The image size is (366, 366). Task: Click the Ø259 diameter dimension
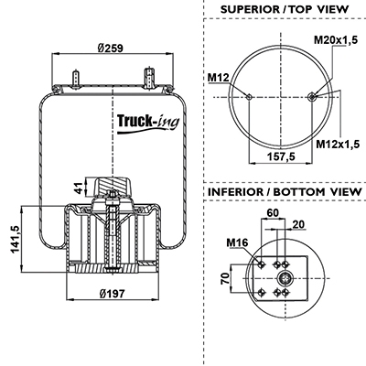coord(110,48)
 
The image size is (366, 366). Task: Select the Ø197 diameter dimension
coord(113,294)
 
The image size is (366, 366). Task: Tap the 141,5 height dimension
coord(16,239)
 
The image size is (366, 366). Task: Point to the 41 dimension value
coord(79,188)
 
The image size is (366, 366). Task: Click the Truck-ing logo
coord(148,124)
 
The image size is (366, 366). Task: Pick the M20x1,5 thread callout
coord(336,39)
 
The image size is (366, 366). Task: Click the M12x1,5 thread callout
coord(338,144)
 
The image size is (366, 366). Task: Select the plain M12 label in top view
coord(218,78)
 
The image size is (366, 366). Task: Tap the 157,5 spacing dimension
coord(281,156)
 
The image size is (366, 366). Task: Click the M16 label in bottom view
coord(237,242)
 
